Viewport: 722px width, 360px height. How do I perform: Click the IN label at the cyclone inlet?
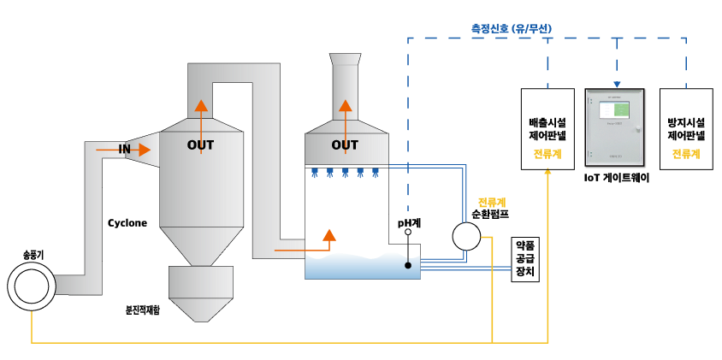click(x=124, y=150)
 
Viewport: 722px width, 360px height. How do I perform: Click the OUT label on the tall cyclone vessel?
click(x=200, y=145)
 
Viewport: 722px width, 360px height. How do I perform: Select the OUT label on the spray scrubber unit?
click(x=345, y=145)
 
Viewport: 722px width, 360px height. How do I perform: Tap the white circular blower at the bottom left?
click(x=32, y=286)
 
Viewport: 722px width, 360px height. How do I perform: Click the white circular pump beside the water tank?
click(x=466, y=236)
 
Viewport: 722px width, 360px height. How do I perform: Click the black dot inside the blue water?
click(x=408, y=265)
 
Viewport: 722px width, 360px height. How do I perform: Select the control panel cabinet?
click(x=615, y=128)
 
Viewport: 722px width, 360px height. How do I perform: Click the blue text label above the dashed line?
click(x=512, y=28)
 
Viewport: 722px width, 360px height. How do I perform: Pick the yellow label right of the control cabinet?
click(x=685, y=154)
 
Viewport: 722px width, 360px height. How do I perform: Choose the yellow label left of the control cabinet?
click(x=547, y=154)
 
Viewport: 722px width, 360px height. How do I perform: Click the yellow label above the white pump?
click(x=491, y=203)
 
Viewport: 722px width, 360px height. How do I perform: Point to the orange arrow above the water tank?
click(x=329, y=235)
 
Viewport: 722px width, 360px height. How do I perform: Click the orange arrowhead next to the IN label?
click(x=145, y=150)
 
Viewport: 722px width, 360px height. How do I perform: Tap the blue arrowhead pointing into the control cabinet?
click(x=617, y=85)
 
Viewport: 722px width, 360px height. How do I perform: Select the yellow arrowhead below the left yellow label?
click(x=547, y=172)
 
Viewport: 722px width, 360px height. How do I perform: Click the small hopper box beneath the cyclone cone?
click(x=200, y=282)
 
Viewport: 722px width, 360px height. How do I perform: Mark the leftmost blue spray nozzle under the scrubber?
click(x=315, y=173)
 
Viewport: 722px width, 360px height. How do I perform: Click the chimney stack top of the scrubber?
click(x=346, y=60)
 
